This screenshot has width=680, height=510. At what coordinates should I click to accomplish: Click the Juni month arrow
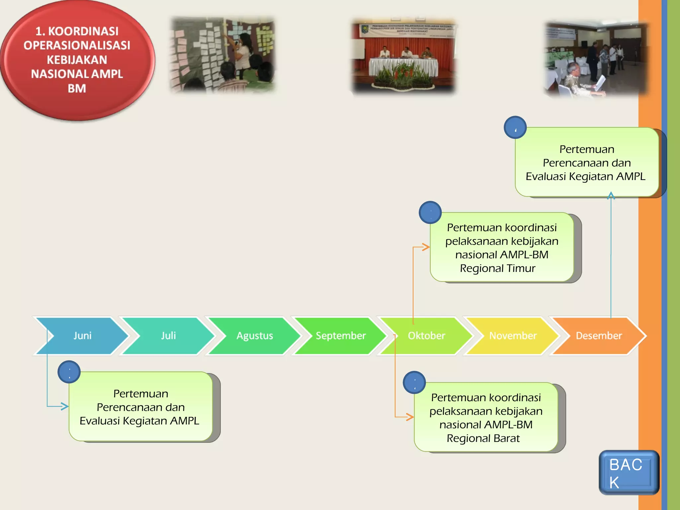coord(82,336)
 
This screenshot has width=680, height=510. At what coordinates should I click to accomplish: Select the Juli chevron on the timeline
coord(168,336)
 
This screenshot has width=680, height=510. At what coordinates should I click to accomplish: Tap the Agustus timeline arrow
coord(255,336)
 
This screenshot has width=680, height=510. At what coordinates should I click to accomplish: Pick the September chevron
coord(341,336)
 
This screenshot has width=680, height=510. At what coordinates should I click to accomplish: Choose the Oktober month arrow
coord(427,336)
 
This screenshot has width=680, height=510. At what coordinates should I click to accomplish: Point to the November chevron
coord(513,336)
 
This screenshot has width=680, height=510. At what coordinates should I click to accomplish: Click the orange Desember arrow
coord(599,336)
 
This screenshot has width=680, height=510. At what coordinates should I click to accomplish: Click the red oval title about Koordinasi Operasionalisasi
coord(77,60)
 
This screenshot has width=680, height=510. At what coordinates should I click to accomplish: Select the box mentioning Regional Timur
coord(502,248)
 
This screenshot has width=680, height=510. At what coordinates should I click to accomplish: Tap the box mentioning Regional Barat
coord(486,418)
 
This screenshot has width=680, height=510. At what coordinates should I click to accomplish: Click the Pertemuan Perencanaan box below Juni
coord(140,407)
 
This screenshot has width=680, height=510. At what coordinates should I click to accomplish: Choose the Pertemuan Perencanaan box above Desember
coord(587,163)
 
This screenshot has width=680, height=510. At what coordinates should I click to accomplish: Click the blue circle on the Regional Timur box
coord(430,212)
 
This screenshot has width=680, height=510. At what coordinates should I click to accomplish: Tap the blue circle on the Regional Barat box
coord(414,382)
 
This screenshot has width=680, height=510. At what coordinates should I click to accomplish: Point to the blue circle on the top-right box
coord(515,127)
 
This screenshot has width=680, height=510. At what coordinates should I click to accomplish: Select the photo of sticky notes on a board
coord(222,55)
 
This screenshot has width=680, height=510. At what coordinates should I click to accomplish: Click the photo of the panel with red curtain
coord(404,56)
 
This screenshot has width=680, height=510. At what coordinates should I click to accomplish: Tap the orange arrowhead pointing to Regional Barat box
coord(410,417)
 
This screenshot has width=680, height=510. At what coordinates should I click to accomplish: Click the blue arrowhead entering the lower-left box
coord(65,406)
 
